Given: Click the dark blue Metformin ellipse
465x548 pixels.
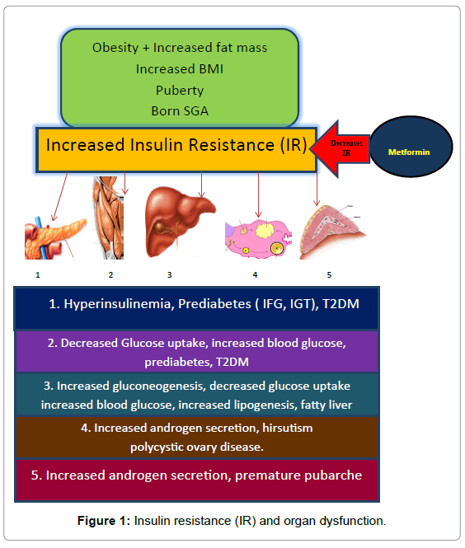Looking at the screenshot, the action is pyautogui.click(x=411, y=147).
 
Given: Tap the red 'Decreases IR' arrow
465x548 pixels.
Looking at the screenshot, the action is pyautogui.click(x=341, y=148).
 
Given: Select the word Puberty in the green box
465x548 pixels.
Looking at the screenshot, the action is pyautogui.click(x=180, y=90).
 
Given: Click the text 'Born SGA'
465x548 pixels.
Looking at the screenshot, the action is pyautogui.click(x=180, y=110).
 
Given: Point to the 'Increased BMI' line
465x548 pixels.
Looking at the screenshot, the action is pyautogui.click(x=180, y=69).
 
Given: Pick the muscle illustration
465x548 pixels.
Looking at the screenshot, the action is pyautogui.click(x=108, y=218).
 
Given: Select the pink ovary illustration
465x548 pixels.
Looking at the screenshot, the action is pyautogui.click(x=258, y=239).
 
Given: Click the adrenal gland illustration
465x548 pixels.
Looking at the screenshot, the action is pyautogui.click(x=332, y=232).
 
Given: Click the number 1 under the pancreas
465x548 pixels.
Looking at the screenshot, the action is pyautogui.click(x=38, y=275).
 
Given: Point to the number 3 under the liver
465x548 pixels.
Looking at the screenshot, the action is pyautogui.click(x=170, y=275).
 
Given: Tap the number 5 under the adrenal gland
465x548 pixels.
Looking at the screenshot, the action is pyautogui.click(x=329, y=275).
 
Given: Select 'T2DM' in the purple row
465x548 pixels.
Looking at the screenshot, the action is pyautogui.click(x=233, y=362).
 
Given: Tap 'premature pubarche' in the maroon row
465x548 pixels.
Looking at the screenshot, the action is pyautogui.click(x=298, y=475).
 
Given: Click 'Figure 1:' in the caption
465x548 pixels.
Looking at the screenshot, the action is pyautogui.click(x=104, y=521).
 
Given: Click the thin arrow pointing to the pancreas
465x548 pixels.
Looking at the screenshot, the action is pyautogui.click(x=59, y=196).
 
